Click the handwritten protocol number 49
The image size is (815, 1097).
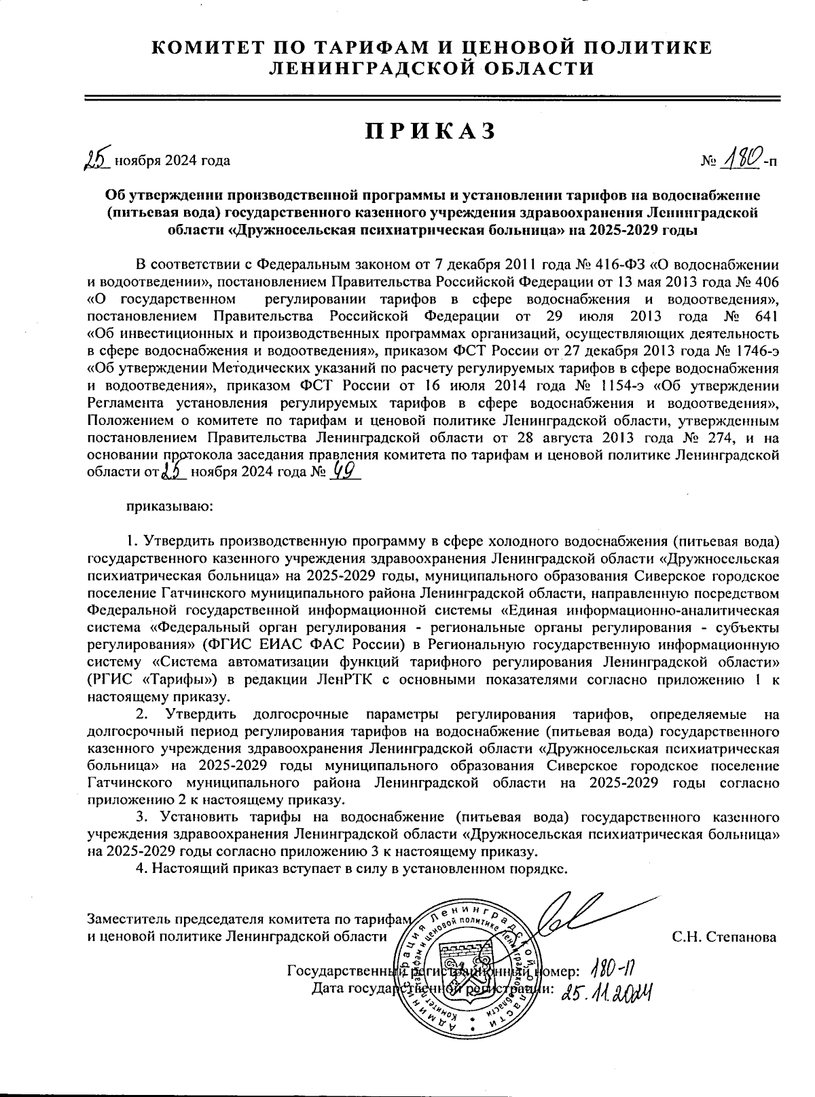(342, 470)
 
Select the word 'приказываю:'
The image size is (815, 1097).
(168, 506)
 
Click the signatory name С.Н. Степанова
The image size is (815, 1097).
(724, 937)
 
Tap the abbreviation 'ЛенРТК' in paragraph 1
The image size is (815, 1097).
(339, 680)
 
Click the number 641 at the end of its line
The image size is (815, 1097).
(765, 316)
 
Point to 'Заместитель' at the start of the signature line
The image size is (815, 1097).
(129, 920)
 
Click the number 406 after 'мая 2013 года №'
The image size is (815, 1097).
(765, 280)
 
